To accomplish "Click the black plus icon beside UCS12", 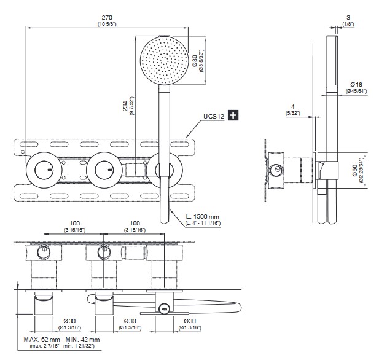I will tap(233, 115).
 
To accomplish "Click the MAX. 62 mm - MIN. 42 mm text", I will tap(61, 339).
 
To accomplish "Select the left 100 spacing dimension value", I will tap(74, 224).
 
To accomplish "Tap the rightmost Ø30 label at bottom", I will tap(190, 321).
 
